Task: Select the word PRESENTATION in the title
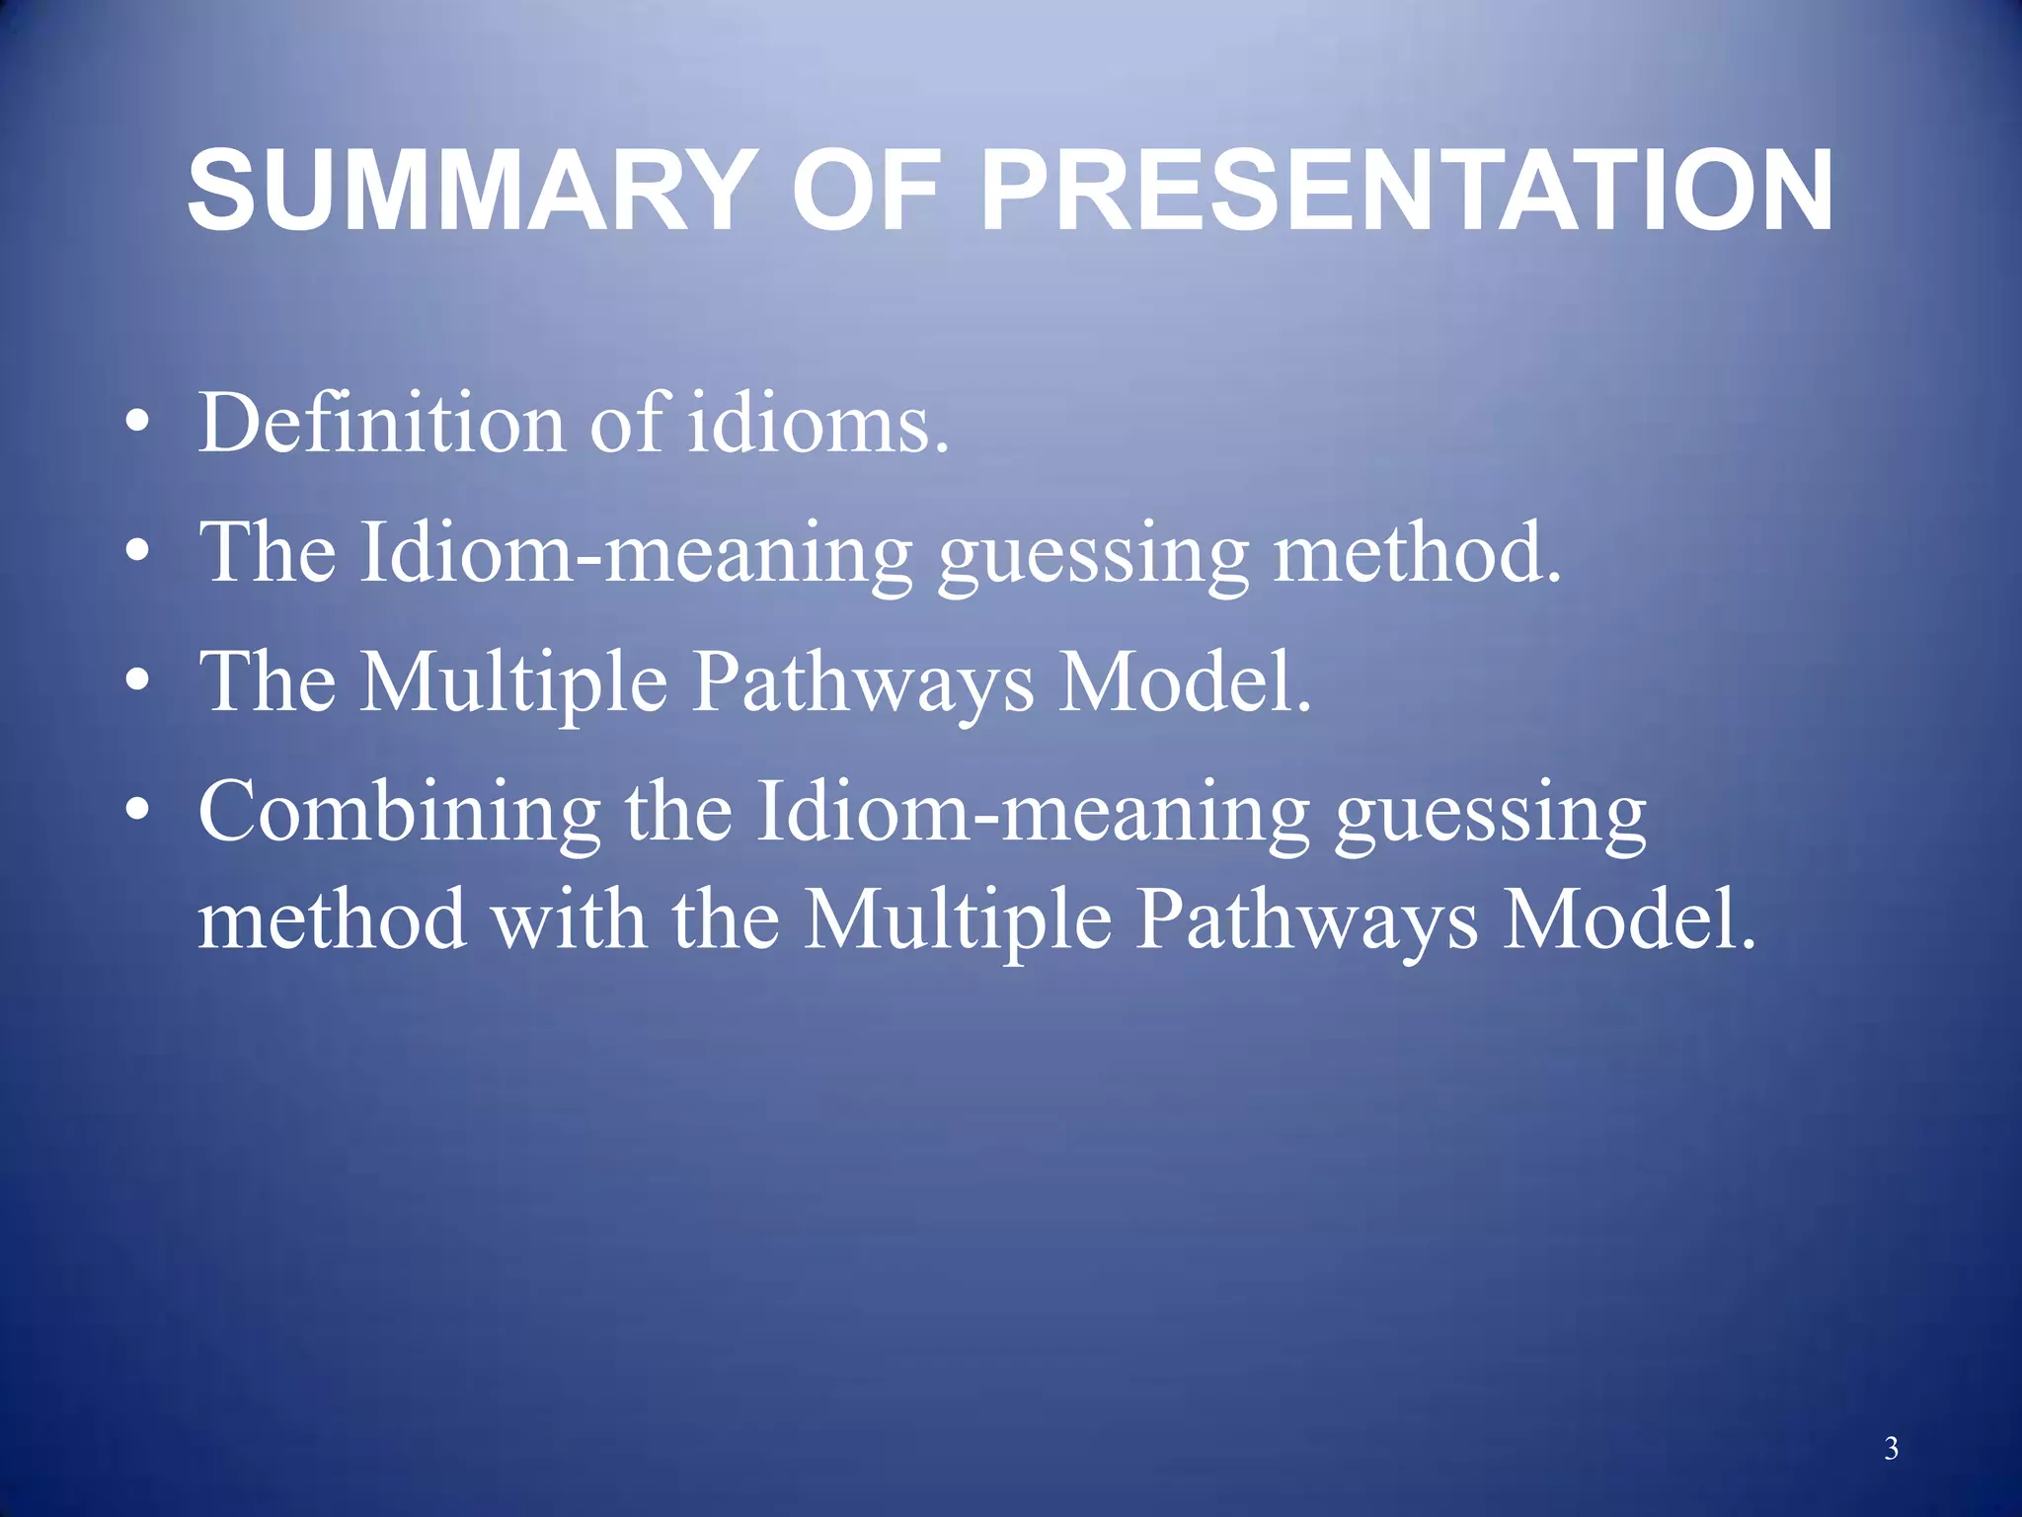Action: pyautogui.click(x=1406, y=190)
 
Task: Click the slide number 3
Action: pyautogui.click(x=1891, y=1448)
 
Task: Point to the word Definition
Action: pyautogui.click(x=381, y=423)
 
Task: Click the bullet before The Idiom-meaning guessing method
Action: pyautogui.click(x=138, y=554)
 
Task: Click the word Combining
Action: pyautogui.click(x=399, y=812)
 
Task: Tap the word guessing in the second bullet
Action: pyautogui.click(x=1093, y=555)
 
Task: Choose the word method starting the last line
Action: pyautogui.click(x=332, y=918)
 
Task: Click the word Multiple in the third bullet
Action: pyautogui.click(x=512, y=683)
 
